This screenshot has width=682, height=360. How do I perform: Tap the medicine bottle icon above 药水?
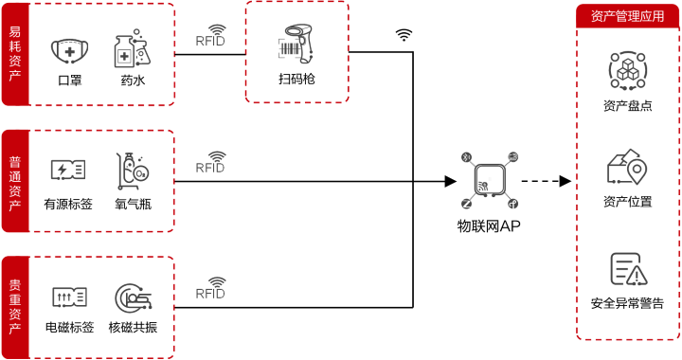[x=133, y=50]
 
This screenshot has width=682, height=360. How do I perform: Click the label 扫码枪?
[x=296, y=79]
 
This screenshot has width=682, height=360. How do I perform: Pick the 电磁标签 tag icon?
[x=69, y=297]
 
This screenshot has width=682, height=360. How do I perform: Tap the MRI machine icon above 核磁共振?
[x=133, y=297]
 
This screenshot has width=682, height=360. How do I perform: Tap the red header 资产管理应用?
[x=627, y=15]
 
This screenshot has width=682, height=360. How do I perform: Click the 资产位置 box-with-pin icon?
[x=626, y=169]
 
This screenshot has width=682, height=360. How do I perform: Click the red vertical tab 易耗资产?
[x=14, y=54]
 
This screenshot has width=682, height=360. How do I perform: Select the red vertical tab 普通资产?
[x=14, y=181]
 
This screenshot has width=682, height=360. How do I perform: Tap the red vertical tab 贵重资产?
[x=14, y=307]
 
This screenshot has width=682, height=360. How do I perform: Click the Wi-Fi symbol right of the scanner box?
[x=404, y=35]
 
